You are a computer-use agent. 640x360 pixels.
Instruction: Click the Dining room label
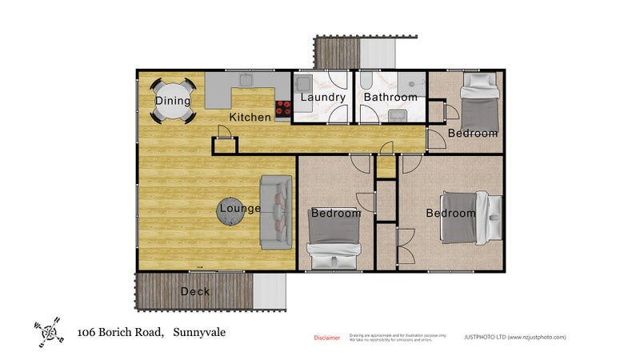(x=173, y=101)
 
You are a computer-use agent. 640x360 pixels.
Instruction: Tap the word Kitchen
(x=250, y=118)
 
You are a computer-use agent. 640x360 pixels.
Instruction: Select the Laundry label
(x=322, y=98)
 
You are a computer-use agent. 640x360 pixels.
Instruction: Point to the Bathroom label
(x=390, y=98)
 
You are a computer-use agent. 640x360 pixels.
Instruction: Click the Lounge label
(x=240, y=209)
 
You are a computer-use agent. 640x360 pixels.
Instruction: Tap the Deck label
(x=195, y=291)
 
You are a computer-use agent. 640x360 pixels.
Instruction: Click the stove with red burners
(x=283, y=110)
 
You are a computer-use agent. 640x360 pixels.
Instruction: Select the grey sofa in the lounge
(x=276, y=211)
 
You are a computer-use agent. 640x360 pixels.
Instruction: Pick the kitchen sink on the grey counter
(x=245, y=80)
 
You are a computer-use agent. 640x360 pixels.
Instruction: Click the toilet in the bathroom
(x=366, y=82)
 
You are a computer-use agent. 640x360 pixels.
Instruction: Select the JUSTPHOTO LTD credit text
(x=514, y=338)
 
